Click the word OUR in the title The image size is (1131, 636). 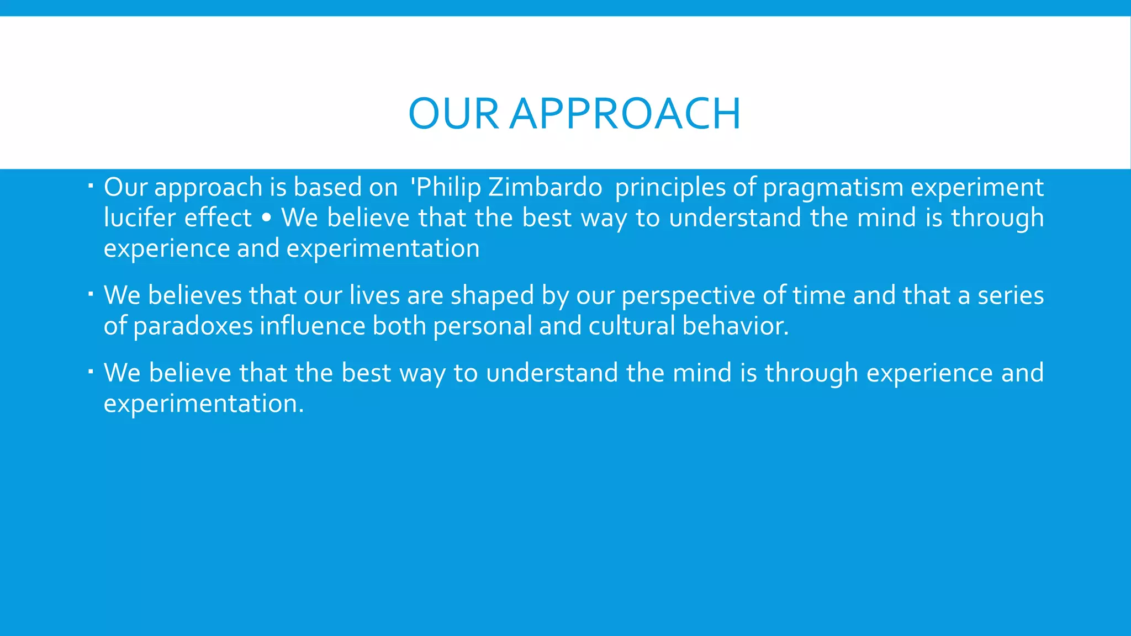coord(453,114)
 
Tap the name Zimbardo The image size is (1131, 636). coord(545,187)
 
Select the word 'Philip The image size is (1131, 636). coord(446,188)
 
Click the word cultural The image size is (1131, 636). coord(632,326)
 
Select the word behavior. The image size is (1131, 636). coord(735,326)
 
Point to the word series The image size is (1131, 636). coord(1011,295)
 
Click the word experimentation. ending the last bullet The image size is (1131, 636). coord(203,404)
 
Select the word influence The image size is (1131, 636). coord(313,326)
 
